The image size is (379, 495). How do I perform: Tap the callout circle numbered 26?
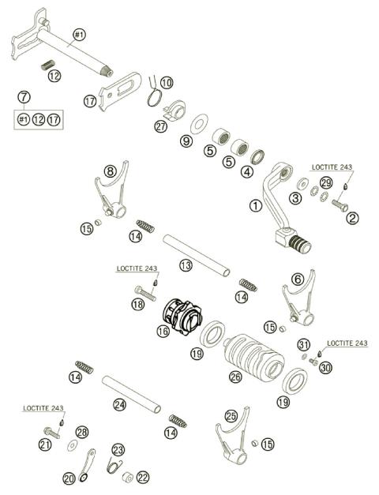pos(235,377)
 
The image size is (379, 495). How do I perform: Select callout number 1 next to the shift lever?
pos(254,205)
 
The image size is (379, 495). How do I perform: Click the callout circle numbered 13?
pos(186,266)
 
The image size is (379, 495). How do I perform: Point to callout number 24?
pos(119,404)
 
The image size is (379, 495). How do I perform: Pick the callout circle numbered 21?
pos(45,445)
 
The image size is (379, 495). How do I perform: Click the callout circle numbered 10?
pos(166,82)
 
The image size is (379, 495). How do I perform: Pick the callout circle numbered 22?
pos(142,477)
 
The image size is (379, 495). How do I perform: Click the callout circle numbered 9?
pos(186,141)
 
